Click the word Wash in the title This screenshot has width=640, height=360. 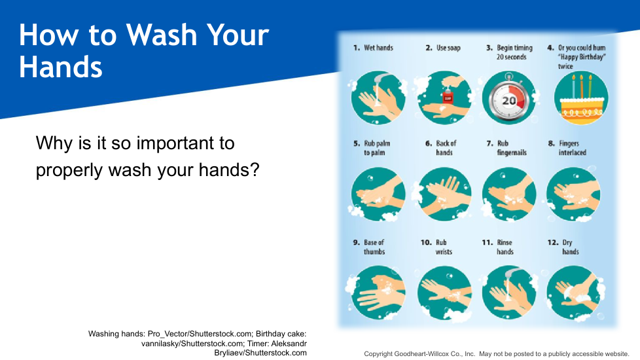(161, 35)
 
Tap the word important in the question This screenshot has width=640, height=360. (185, 143)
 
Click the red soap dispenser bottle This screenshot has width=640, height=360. (448, 96)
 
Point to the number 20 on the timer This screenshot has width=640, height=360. (508, 100)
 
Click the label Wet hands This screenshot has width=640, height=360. (378, 48)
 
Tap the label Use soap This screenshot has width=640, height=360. (448, 48)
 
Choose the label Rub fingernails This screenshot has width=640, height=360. (512, 148)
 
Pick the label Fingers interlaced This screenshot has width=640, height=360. (572, 148)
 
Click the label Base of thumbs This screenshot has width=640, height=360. (374, 247)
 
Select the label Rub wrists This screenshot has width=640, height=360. (444, 247)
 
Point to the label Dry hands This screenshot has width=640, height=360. (570, 247)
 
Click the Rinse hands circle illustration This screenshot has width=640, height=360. (509, 292)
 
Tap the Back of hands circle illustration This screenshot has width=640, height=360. (444, 194)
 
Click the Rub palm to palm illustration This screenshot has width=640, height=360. (378, 194)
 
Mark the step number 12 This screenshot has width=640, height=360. (553, 242)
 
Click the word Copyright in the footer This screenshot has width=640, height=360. (378, 354)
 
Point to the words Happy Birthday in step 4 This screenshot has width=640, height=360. (582, 57)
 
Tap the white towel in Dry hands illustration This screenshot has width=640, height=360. (578, 294)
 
